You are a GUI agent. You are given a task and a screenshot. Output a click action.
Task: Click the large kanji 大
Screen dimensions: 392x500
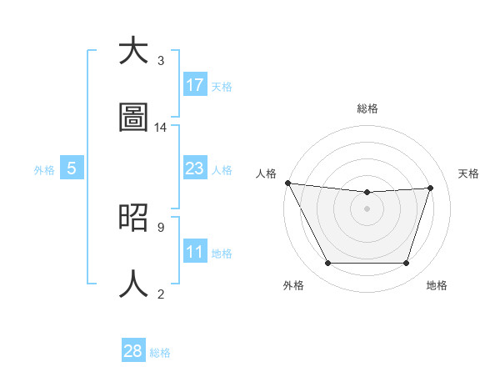click(x=133, y=52)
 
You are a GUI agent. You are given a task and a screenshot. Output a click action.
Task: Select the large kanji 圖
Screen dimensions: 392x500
click(x=133, y=118)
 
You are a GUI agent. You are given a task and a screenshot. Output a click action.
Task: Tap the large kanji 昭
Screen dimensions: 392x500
click(x=133, y=218)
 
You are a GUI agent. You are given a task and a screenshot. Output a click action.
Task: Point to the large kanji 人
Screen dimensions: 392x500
click(x=133, y=284)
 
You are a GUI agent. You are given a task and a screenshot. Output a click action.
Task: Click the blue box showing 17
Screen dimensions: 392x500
click(x=195, y=85)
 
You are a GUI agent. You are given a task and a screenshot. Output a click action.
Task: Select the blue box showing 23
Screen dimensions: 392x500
click(x=195, y=168)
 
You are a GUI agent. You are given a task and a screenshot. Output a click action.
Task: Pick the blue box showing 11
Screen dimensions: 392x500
click(x=195, y=252)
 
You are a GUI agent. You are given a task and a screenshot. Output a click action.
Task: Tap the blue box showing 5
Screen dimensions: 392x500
click(x=72, y=168)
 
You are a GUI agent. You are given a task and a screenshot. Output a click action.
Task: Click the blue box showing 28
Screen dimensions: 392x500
click(x=133, y=351)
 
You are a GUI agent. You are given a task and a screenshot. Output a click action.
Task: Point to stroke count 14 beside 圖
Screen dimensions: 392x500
click(x=161, y=128)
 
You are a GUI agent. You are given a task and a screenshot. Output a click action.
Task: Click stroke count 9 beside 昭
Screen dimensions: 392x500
click(x=160, y=227)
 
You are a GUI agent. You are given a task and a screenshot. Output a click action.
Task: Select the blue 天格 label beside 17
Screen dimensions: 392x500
click(x=222, y=86)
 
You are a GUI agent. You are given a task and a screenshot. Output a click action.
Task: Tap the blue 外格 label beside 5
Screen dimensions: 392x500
click(x=44, y=169)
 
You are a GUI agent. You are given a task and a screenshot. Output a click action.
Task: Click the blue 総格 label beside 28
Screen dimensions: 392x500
click(x=160, y=352)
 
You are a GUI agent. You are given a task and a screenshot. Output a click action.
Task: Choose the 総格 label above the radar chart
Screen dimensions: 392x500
click(x=367, y=108)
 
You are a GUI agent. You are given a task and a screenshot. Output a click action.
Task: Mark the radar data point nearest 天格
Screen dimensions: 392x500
click(x=430, y=188)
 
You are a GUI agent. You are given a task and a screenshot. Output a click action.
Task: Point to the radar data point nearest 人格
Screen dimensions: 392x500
click(x=287, y=183)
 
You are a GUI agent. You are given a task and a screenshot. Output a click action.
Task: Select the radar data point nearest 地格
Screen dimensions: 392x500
click(x=406, y=264)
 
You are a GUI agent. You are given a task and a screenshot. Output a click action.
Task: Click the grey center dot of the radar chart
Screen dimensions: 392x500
click(x=367, y=209)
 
